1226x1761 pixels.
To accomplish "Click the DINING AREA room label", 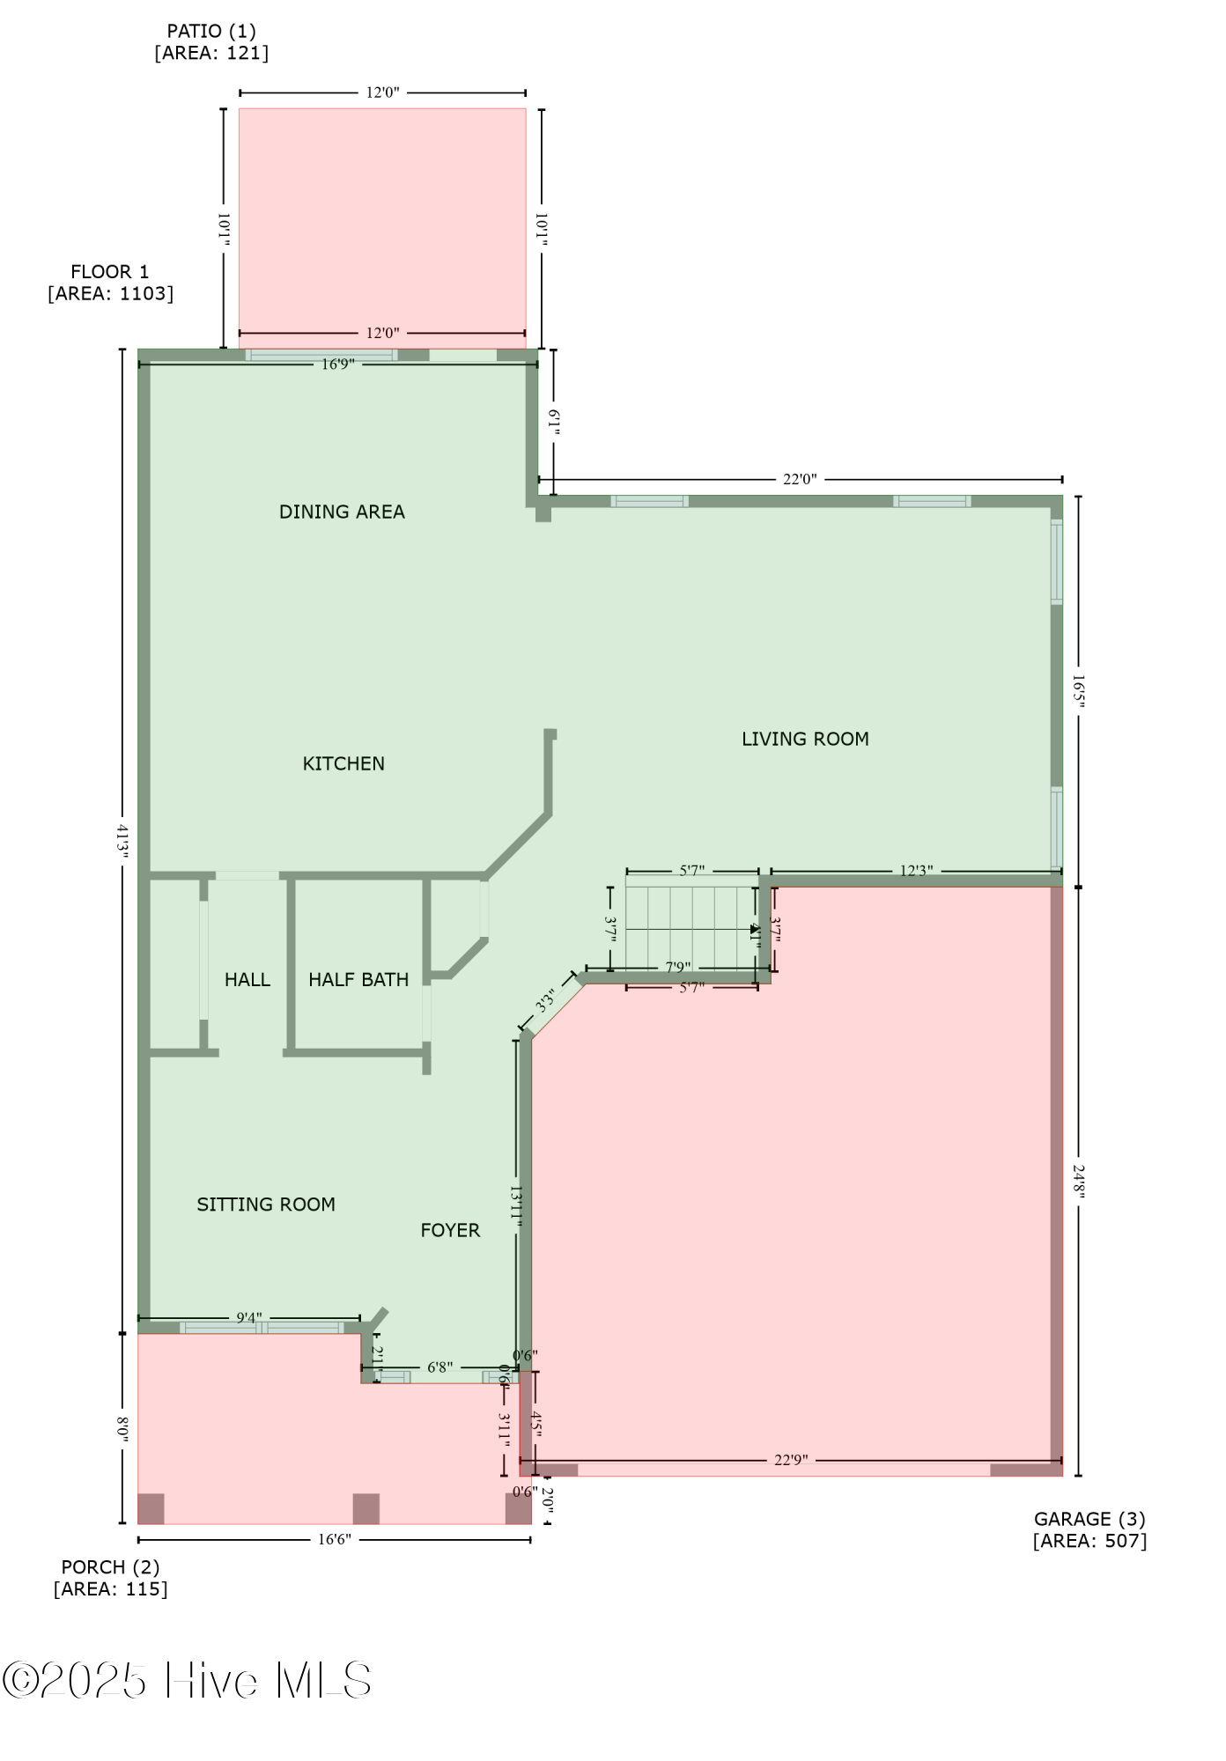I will pyautogui.click(x=342, y=512).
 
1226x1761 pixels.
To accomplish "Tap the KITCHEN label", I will pyautogui.click(x=343, y=763).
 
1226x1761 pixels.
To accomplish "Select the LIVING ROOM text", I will pyautogui.click(x=805, y=739).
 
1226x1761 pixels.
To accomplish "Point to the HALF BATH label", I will pyautogui.click(x=358, y=979).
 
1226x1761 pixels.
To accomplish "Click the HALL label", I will pyautogui.click(x=247, y=979).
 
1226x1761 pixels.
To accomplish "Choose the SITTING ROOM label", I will pyautogui.click(x=266, y=1205).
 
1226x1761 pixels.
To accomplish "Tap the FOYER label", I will pyautogui.click(x=450, y=1230).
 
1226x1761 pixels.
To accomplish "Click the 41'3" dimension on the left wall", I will pyautogui.click(x=123, y=840).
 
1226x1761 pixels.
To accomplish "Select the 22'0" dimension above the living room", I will pyautogui.click(x=800, y=480).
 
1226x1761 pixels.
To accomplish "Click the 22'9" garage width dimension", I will pyautogui.click(x=791, y=1460).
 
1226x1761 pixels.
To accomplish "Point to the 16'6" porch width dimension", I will pyautogui.click(x=335, y=1539).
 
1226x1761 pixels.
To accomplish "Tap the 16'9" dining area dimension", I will pyautogui.click(x=337, y=365).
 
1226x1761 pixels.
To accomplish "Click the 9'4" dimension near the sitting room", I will pyautogui.click(x=249, y=1318).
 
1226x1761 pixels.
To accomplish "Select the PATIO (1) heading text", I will pyautogui.click(x=211, y=32).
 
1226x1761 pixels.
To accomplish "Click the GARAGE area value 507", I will pyautogui.click(x=1126, y=1541).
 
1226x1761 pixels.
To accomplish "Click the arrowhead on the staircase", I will pyautogui.click(x=755, y=929).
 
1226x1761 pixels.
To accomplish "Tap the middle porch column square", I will pyautogui.click(x=366, y=1508).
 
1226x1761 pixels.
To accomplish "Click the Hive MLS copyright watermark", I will pyautogui.click(x=187, y=1681).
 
